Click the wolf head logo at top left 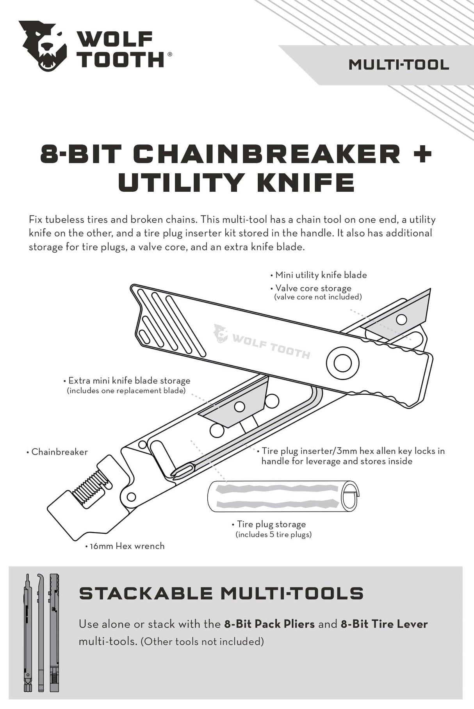[43, 46]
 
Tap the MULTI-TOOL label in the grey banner [399, 65]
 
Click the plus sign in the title [422, 154]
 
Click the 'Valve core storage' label [313, 288]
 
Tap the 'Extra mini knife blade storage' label [129, 381]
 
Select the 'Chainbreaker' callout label [59, 452]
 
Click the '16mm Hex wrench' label [127, 546]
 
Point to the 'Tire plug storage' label [271, 524]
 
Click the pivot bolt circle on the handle [342, 363]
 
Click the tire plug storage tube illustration [281, 497]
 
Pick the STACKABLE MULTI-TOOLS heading [221, 594]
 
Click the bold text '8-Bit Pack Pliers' [269, 624]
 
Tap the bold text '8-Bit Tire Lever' [384, 624]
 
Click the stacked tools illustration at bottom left [41, 632]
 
